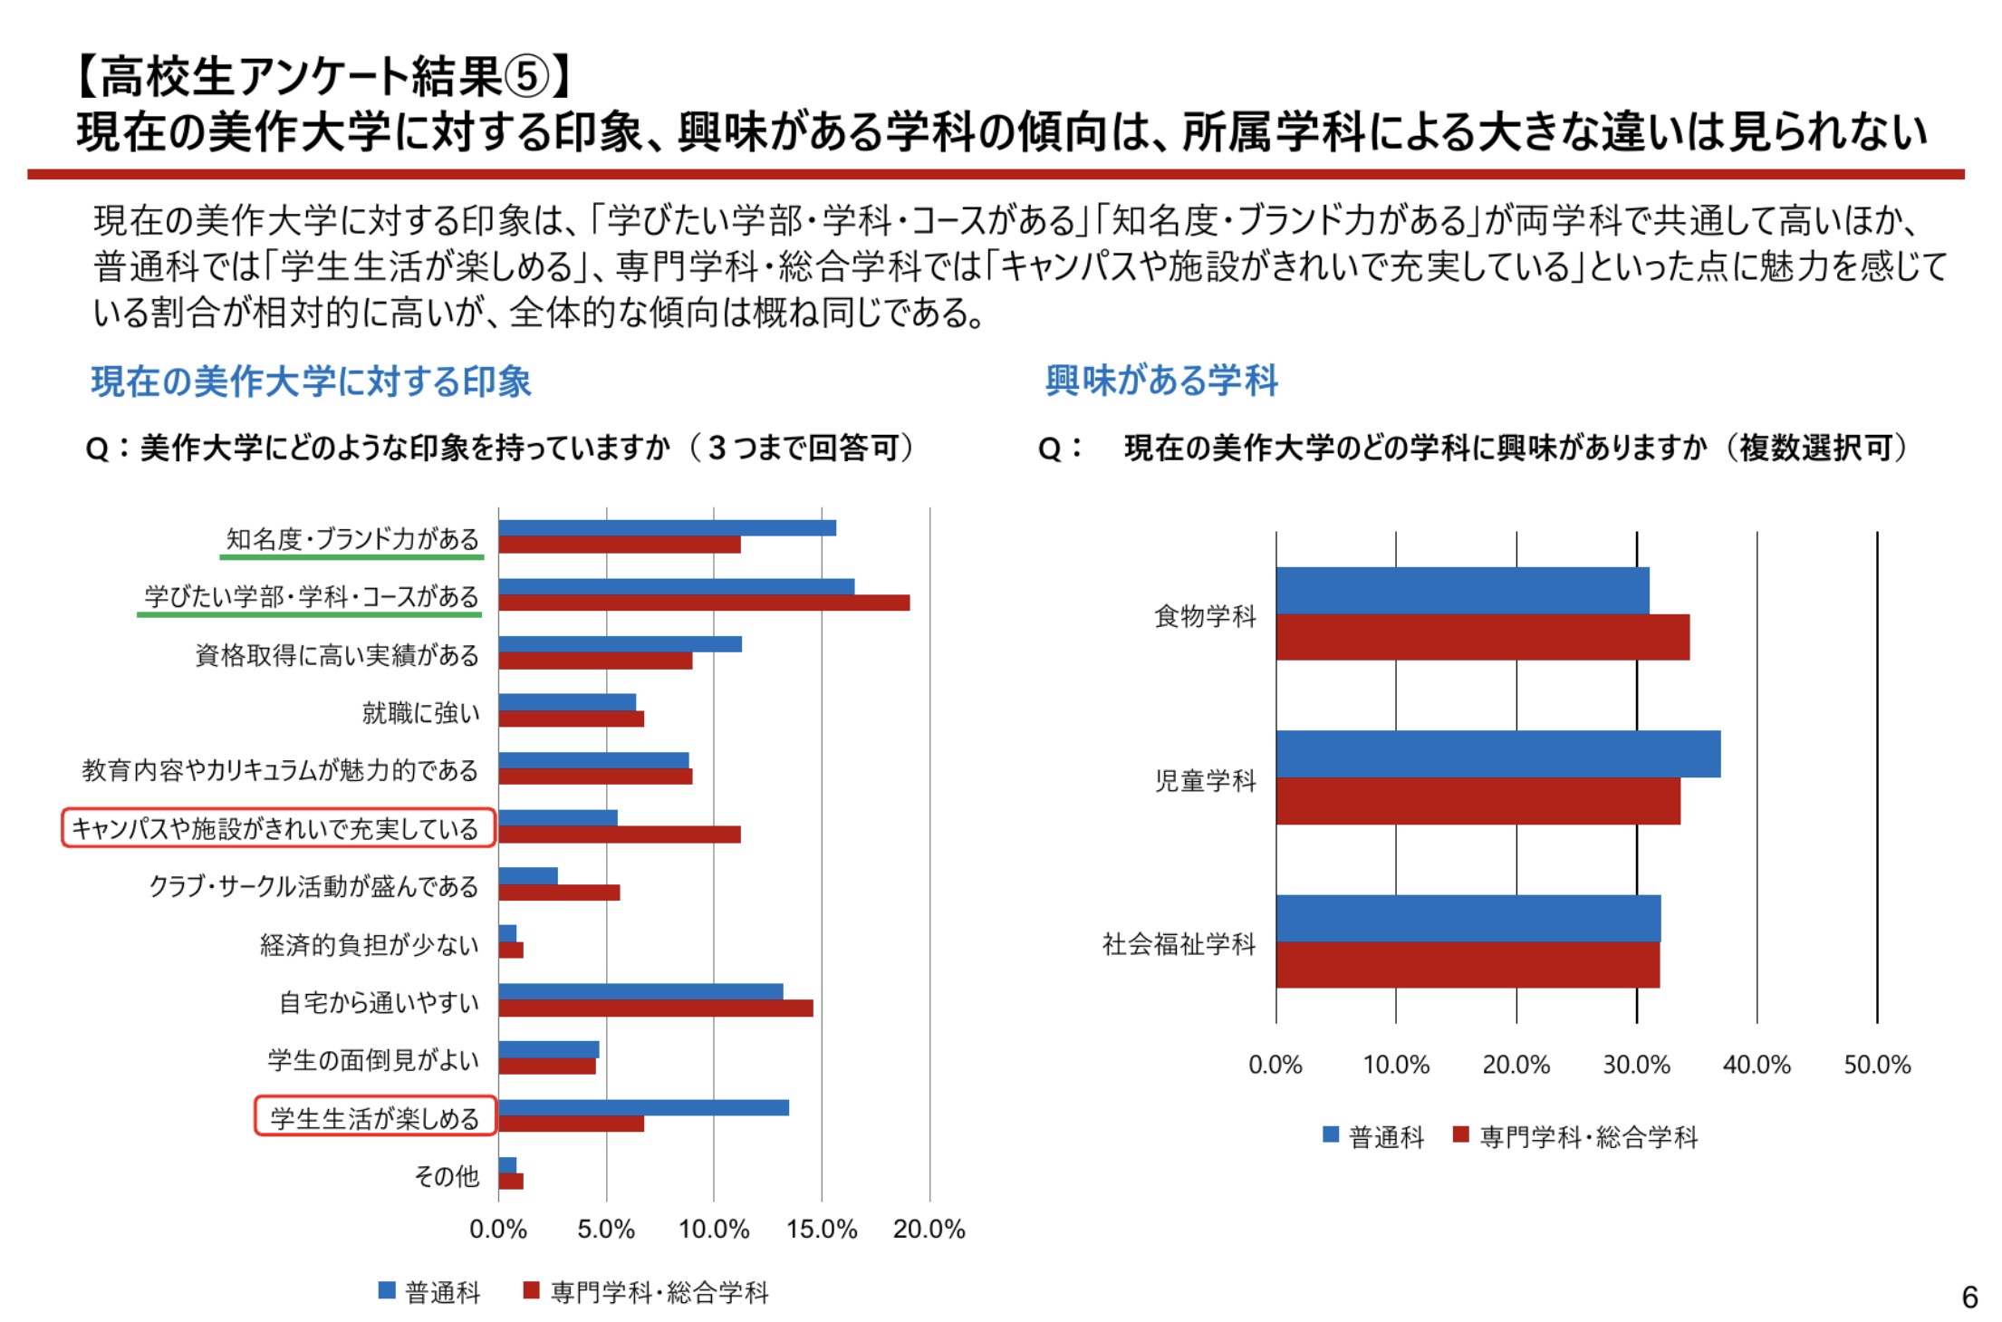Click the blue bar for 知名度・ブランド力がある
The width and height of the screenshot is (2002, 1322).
667,528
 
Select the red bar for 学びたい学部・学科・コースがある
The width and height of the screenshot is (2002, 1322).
704,603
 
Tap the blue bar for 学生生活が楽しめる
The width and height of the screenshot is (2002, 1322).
643,1107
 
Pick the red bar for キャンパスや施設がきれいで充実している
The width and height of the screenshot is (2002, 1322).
620,835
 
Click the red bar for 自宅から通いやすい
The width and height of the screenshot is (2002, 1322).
656,1008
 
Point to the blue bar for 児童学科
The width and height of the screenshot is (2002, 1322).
1497,754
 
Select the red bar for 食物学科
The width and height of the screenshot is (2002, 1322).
1482,637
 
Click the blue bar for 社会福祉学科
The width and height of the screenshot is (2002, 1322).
1468,918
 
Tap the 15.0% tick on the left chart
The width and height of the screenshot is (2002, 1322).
822,1230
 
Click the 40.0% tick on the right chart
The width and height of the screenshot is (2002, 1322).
1757,1065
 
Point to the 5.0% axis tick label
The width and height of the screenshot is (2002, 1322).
606,1230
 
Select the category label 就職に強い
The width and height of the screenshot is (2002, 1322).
421,713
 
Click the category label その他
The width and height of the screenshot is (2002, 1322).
447,1176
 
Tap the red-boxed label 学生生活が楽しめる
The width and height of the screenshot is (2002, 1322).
375,1118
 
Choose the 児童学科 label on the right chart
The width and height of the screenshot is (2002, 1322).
1206,780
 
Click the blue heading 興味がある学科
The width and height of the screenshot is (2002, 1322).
1161,381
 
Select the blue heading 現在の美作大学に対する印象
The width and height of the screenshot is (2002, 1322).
311,381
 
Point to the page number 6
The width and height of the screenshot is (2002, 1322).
1969,1298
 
